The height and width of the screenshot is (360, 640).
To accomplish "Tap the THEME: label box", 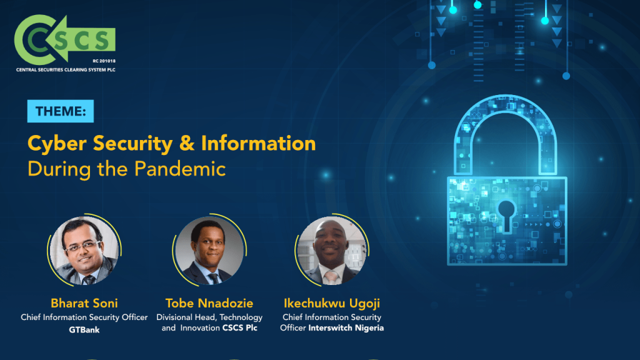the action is click(x=61, y=111).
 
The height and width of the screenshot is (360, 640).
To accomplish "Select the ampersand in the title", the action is click(x=186, y=144).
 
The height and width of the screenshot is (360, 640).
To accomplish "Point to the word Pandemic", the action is click(x=180, y=169).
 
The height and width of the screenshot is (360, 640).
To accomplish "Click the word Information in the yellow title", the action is click(x=258, y=143).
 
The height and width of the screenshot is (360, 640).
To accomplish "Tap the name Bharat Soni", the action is click(x=84, y=303).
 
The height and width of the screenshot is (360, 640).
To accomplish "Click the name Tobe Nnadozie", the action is click(x=209, y=303).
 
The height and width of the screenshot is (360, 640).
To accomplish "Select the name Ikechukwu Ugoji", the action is click(x=332, y=303).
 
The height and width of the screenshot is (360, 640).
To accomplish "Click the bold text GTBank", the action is click(x=84, y=330).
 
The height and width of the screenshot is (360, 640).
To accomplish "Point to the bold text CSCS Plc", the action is click(x=240, y=327).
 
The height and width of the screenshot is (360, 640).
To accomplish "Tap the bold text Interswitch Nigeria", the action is click(x=346, y=327).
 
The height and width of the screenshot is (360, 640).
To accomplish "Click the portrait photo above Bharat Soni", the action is click(x=84, y=250).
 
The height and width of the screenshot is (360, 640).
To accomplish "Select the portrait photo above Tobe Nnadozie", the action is click(x=209, y=250).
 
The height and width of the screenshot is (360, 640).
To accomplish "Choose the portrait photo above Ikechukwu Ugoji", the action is click(x=332, y=250).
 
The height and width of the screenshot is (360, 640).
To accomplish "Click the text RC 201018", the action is click(x=104, y=61).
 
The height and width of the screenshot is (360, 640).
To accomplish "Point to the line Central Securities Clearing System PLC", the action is click(x=66, y=70).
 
